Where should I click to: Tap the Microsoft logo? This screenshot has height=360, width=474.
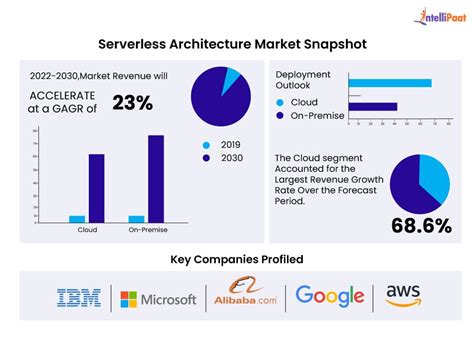[x=157, y=299]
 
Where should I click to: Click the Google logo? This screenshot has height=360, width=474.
[x=329, y=298]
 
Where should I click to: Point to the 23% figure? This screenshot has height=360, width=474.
[x=132, y=101]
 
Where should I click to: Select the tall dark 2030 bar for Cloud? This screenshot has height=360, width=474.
[x=96, y=187]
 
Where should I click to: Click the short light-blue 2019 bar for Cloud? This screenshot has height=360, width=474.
[x=77, y=218]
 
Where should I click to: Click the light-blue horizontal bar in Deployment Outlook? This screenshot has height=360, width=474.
[x=389, y=83]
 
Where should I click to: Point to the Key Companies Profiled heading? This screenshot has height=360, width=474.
[x=236, y=259]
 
